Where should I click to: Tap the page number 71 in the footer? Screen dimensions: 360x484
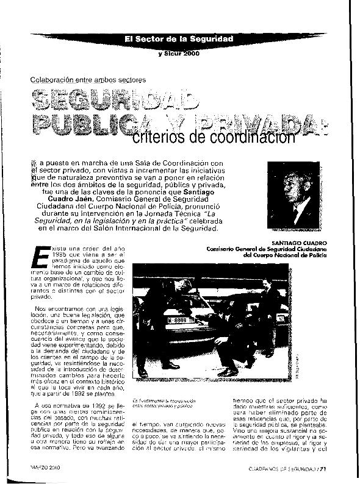point(326,468)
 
